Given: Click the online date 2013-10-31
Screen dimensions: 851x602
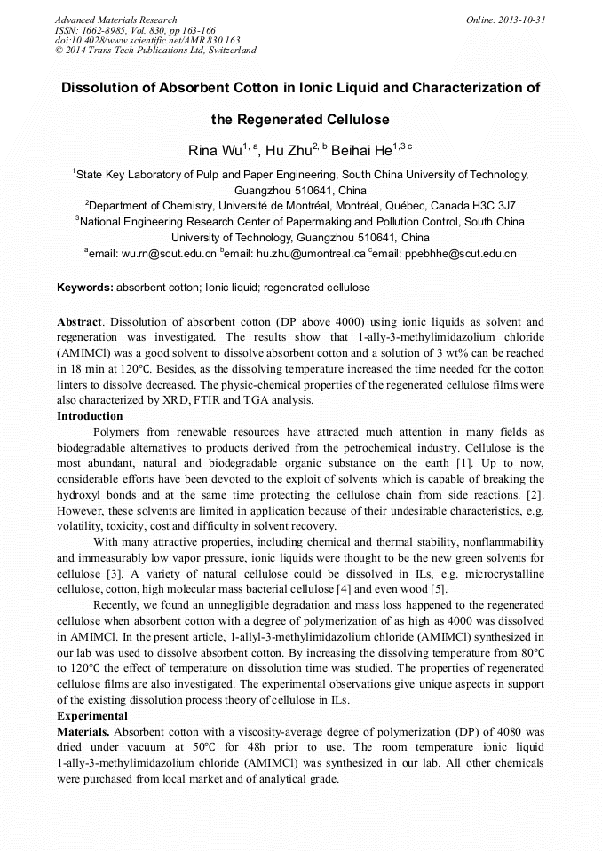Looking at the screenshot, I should tap(522, 20).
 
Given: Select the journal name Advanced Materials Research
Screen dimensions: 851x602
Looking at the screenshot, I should tap(115, 20).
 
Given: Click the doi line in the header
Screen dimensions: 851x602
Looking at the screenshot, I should tap(147, 40).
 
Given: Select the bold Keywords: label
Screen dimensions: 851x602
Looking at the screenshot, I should tap(85, 288).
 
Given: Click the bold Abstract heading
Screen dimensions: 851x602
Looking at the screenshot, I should tap(79, 320).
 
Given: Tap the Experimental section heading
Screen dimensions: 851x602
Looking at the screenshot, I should tap(92, 715).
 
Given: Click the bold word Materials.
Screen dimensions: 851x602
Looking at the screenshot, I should tap(83, 731).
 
